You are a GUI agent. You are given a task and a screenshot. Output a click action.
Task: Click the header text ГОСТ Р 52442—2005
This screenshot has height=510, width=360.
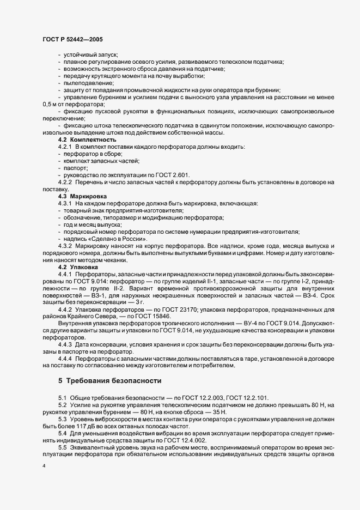[72, 40]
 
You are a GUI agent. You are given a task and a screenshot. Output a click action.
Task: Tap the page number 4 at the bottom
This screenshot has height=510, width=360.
[44, 467]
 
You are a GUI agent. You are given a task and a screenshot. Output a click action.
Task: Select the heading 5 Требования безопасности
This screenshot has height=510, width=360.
[109, 380]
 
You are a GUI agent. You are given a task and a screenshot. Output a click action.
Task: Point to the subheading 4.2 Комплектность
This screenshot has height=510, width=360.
[87, 140]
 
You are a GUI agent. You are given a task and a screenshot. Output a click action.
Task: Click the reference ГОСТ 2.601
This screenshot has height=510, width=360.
[170, 175]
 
